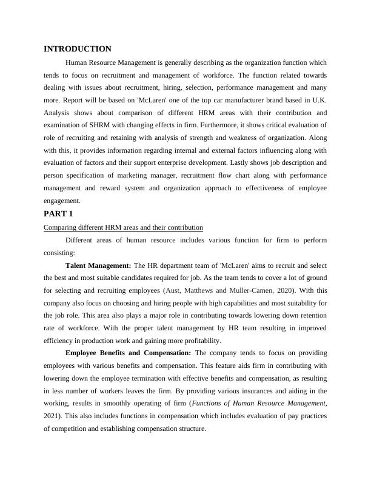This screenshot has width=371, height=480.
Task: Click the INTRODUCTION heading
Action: tap(78, 49)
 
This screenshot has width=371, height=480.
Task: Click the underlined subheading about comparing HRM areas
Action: tap(123, 227)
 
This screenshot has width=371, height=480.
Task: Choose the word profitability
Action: tap(182, 341)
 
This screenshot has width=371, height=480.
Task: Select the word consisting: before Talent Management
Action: tap(59, 253)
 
